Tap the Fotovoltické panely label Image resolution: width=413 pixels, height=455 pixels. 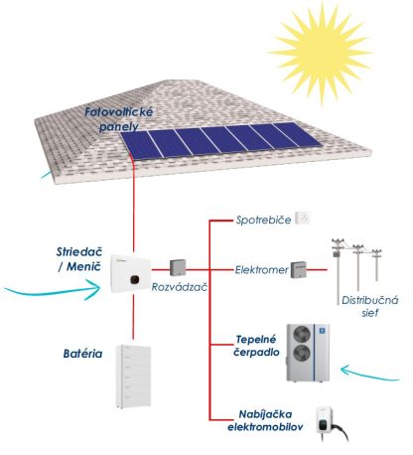[119, 118]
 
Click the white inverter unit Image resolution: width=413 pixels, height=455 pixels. [130, 273]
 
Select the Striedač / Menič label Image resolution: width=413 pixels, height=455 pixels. [79, 259]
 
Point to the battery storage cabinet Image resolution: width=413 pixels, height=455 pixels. [133, 377]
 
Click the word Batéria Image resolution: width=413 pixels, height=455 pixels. [82, 354]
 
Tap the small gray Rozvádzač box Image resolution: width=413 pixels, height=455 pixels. [178, 267]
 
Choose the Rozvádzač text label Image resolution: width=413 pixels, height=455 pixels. [180, 287]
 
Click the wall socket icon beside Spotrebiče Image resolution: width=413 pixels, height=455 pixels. [303, 219]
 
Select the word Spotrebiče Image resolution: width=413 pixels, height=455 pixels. [263, 220]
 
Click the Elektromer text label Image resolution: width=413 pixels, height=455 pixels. [261, 270]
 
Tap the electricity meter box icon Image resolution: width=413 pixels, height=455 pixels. [299, 270]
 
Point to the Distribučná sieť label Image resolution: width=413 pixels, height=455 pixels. [370, 306]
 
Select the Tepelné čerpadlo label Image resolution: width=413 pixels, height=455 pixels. [256, 346]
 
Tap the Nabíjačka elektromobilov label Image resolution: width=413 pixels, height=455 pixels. [265, 420]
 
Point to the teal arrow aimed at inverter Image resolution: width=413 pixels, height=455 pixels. [53, 290]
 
